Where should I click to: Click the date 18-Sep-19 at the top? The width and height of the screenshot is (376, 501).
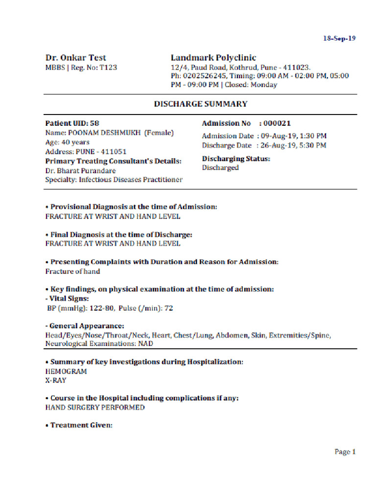338,38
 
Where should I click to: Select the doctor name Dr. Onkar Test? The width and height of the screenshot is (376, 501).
75,58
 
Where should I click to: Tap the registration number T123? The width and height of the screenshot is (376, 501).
108,68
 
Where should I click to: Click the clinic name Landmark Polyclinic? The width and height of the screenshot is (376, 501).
213,58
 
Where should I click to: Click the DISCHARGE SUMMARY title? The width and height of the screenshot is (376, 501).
201,104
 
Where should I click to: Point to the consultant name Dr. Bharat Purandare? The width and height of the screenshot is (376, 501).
80,170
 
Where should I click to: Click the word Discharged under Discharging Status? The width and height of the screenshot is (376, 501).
220,168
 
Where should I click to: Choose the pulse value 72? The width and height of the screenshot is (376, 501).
168,308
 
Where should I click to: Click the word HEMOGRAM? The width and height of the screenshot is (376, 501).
66,371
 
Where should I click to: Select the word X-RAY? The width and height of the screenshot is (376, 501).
55,380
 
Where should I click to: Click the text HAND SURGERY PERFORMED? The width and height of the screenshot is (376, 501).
95,407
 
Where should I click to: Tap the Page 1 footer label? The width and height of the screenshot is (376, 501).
345,452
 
